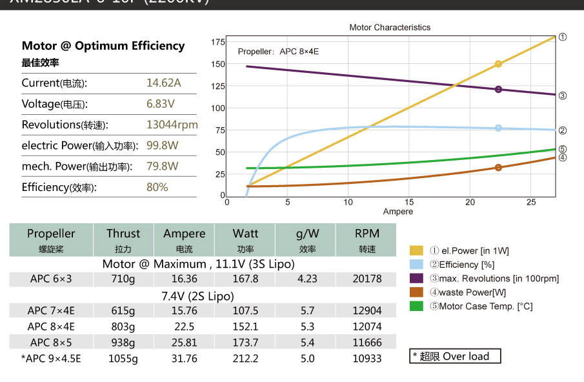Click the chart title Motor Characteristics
coord(390,28)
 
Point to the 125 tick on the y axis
coord(217,86)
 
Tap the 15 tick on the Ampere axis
coord(409,203)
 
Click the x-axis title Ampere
coord(398,212)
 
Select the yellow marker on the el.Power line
coord(498,64)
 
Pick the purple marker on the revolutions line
coord(498,90)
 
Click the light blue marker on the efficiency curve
coord(498,128)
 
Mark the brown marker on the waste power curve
coord(498,168)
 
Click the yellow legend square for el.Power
coord(417,250)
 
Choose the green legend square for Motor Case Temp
coord(417,306)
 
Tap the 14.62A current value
coord(164,83)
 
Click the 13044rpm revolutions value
coord(172,125)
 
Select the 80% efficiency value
coord(157,187)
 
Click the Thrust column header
coord(123,234)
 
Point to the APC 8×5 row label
coord(51,343)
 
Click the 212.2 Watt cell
coord(245,359)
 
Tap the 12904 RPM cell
coord(367,310)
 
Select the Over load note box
coord(456,356)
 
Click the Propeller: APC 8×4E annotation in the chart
coord(278,51)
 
